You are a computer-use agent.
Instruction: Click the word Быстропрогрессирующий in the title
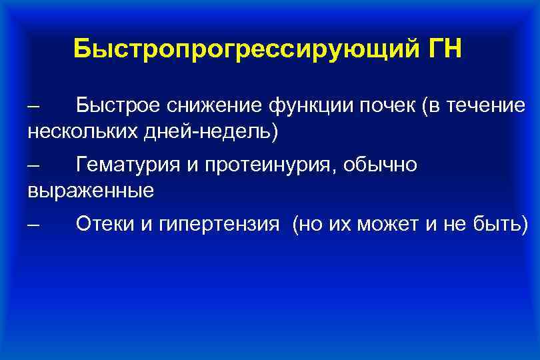(243, 49)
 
